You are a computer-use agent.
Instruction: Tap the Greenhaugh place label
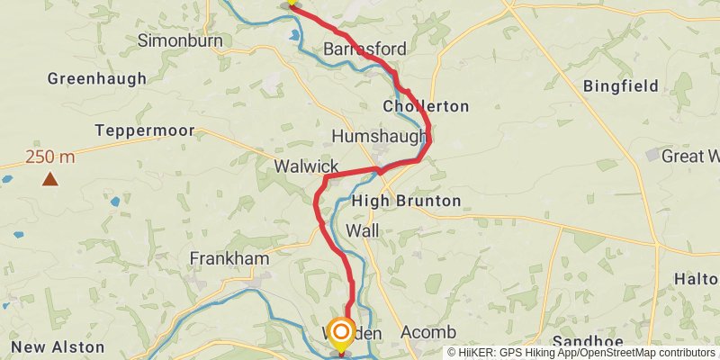(97, 78)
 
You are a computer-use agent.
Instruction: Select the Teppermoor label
(146, 130)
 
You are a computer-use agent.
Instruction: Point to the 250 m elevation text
(50, 157)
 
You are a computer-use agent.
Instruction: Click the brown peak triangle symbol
(50, 179)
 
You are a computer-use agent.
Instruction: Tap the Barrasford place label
(364, 49)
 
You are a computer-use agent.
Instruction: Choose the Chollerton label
(426, 106)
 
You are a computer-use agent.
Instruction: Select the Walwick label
(307, 166)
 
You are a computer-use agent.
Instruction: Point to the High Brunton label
(407, 201)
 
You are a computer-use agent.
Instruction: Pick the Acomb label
(428, 332)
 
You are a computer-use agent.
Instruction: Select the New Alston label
(53, 347)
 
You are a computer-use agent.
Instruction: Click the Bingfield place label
(621, 86)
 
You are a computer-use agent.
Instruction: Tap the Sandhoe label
(581, 342)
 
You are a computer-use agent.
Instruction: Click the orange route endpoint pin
(341, 334)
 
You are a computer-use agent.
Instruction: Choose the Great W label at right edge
(690, 157)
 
